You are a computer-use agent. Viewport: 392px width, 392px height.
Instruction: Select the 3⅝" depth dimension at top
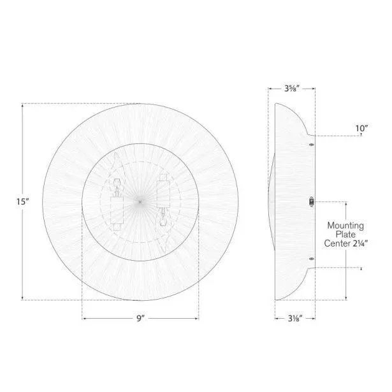pyautogui.click(x=293, y=89)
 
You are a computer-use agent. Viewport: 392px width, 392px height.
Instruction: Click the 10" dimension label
pyautogui.click(x=361, y=128)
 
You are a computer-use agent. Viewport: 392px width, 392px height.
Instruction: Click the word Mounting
pyautogui.click(x=345, y=225)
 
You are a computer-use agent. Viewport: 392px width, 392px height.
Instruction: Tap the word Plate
pyautogui.click(x=345, y=234)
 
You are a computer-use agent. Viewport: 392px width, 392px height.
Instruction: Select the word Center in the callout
pyautogui.click(x=338, y=243)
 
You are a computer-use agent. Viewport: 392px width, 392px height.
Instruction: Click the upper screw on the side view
pyautogui.click(x=311, y=145)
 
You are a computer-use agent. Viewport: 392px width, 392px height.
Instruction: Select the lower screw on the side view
pyautogui.click(x=311, y=258)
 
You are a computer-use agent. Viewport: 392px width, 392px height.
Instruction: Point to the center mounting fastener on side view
pyautogui.click(x=311, y=201)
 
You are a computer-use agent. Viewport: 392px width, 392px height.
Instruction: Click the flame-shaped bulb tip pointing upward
pyautogui.click(x=117, y=163)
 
